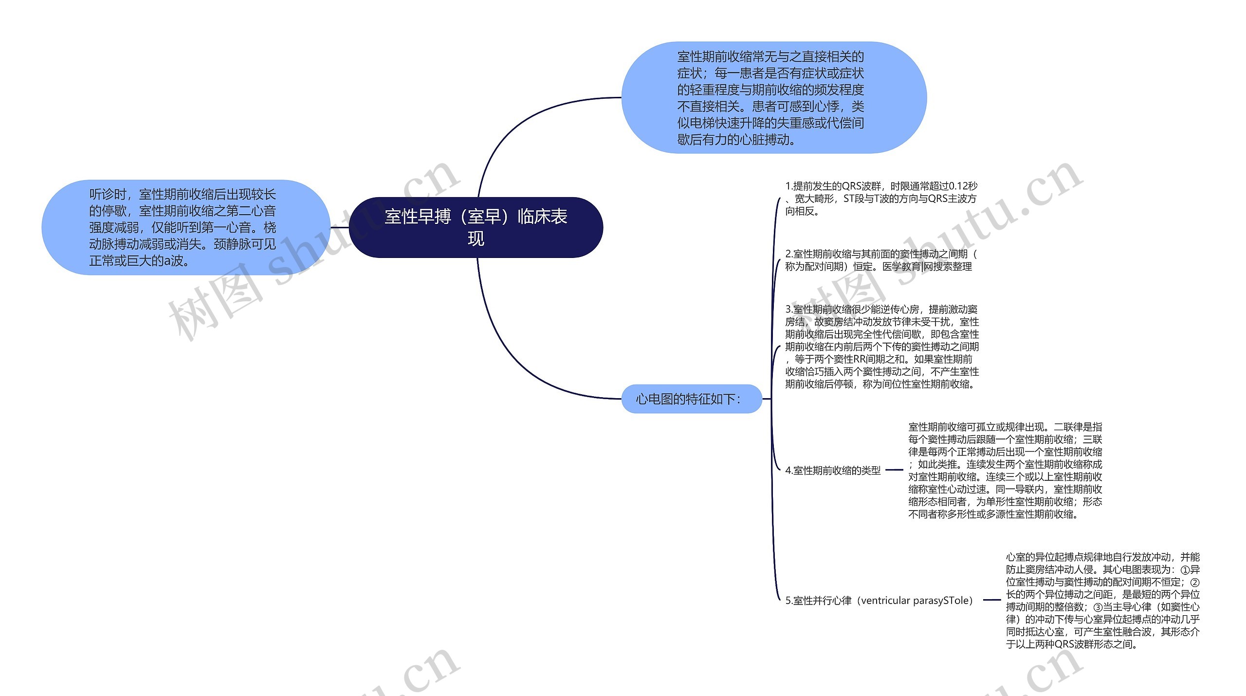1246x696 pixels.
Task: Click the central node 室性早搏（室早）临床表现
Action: click(476, 227)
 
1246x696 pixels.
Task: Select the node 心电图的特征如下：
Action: click(691, 399)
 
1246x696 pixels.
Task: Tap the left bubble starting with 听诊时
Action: click(185, 227)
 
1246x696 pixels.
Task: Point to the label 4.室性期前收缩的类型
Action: click(833, 470)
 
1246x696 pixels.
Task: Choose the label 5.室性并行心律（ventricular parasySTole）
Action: click(879, 601)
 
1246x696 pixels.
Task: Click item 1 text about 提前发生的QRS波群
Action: click(881, 199)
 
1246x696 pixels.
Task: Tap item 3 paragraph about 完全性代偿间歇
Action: click(881, 347)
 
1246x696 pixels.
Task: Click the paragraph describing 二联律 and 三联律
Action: click(1005, 470)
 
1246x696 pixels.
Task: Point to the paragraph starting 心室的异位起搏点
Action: click(1102, 601)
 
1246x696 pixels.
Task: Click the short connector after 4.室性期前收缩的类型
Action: click(894, 470)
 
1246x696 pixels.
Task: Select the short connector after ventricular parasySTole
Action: click(991, 600)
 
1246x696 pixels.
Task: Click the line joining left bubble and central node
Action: click(340, 227)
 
